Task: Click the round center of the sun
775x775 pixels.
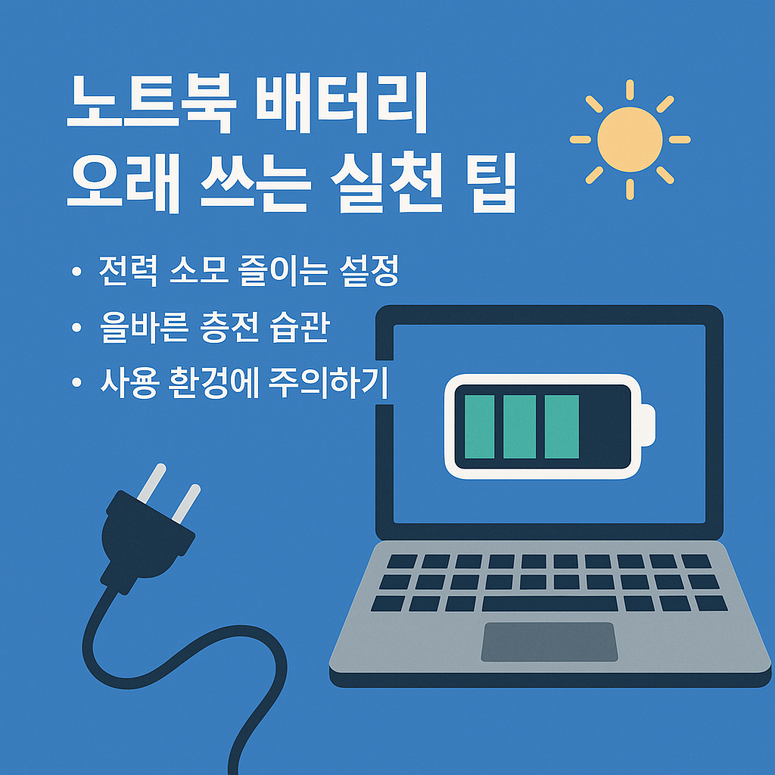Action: click(630, 139)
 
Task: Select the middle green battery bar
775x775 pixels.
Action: click(519, 427)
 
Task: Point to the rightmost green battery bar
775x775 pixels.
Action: click(561, 427)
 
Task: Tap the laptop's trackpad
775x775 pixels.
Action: click(549, 641)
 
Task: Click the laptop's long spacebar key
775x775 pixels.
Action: click(549, 603)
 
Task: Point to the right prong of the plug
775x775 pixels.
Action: click(186, 503)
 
